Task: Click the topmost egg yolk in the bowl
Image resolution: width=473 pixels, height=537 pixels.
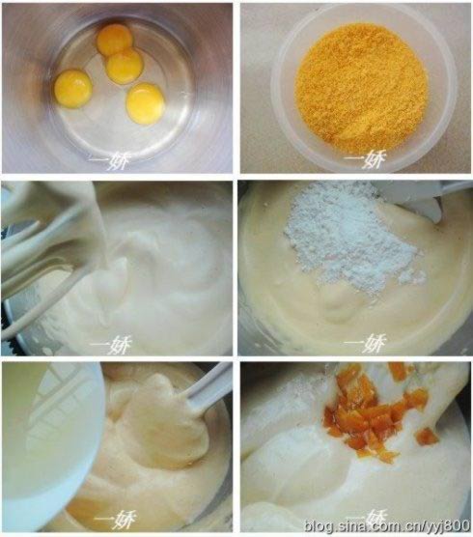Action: click(115, 39)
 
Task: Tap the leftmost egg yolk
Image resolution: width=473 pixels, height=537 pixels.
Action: click(73, 88)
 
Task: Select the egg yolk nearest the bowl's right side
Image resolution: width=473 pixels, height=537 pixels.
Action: click(146, 102)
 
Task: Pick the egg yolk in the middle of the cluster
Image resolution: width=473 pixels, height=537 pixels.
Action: click(125, 66)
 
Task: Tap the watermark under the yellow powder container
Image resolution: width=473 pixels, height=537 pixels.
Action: click(363, 158)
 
